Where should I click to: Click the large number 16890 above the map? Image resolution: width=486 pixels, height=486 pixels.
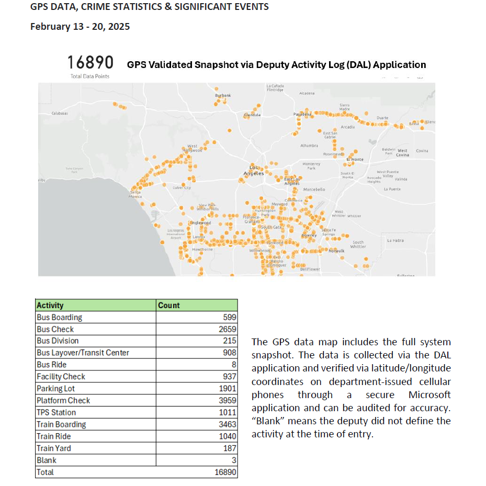pos(91,63)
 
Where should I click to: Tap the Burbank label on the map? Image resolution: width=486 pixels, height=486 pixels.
pos(223,95)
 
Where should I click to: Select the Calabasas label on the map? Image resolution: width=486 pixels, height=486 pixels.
pos(60,113)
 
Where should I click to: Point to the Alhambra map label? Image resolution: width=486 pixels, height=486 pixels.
pos(309,145)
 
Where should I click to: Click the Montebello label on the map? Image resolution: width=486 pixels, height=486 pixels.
pos(314,189)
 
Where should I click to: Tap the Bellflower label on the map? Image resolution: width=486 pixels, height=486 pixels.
pos(310,269)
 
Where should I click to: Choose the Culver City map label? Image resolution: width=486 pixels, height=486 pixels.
pos(182,187)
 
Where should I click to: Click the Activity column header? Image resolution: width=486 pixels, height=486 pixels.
pos(50,305)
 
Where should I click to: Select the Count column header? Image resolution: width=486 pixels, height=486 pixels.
pos(168,305)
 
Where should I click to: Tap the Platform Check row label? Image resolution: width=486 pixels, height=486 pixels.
pos(63,400)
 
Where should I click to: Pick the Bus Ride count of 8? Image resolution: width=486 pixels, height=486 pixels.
pos(234,365)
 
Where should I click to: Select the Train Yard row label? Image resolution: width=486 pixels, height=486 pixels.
pos(54,448)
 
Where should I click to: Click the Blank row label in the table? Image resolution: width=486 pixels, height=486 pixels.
pos(47,460)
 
